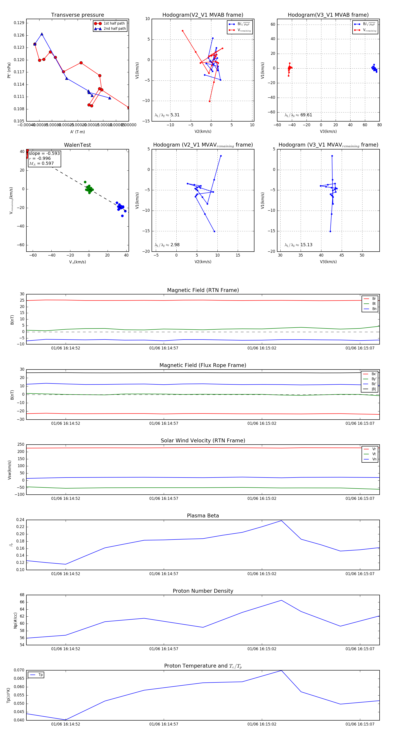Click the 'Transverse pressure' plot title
(x=77, y=15)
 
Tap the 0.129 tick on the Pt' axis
(x=19, y=23)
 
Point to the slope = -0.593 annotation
(x=44, y=153)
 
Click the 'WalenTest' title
(x=77, y=145)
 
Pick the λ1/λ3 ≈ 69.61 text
(x=298, y=115)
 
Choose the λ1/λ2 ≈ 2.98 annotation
(x=167, y=245)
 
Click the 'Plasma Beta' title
(x=203, y=516)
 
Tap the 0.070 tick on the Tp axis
(x=19, y=670)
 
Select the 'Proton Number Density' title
(x=203, y=591)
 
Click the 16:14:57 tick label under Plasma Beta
(x=164, y=574)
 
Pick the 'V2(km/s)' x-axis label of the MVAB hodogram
(x=203, y=131)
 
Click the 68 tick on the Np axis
(x=22, y=595)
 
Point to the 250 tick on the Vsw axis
(x=21, y=445)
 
